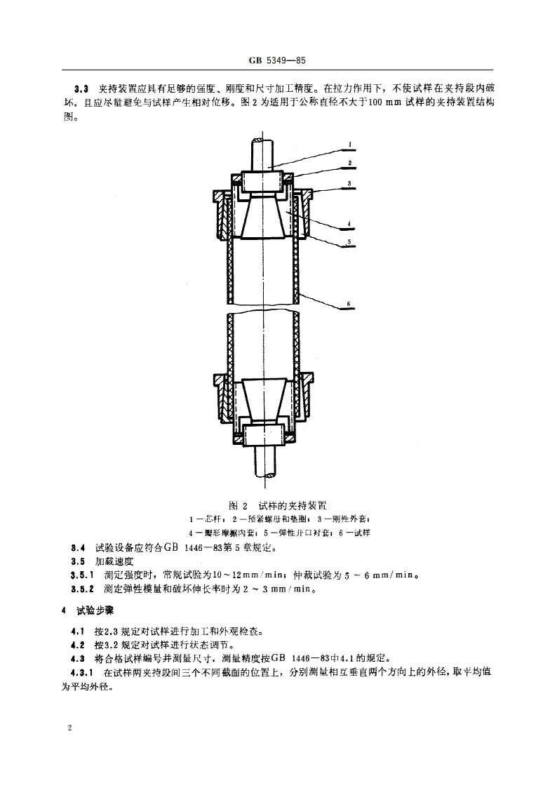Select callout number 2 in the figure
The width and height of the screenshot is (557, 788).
click(349, 163)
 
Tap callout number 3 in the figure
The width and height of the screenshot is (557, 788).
click(349, 183)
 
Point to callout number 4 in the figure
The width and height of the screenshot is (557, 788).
click(349, 225)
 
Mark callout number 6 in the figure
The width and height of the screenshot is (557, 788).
click(349, 305)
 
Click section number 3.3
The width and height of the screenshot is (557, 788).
click(81, 90)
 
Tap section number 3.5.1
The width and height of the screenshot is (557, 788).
click(81, 576)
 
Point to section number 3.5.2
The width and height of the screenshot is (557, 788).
click(81, 590)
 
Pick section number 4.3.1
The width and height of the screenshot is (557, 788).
click(81, 672)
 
